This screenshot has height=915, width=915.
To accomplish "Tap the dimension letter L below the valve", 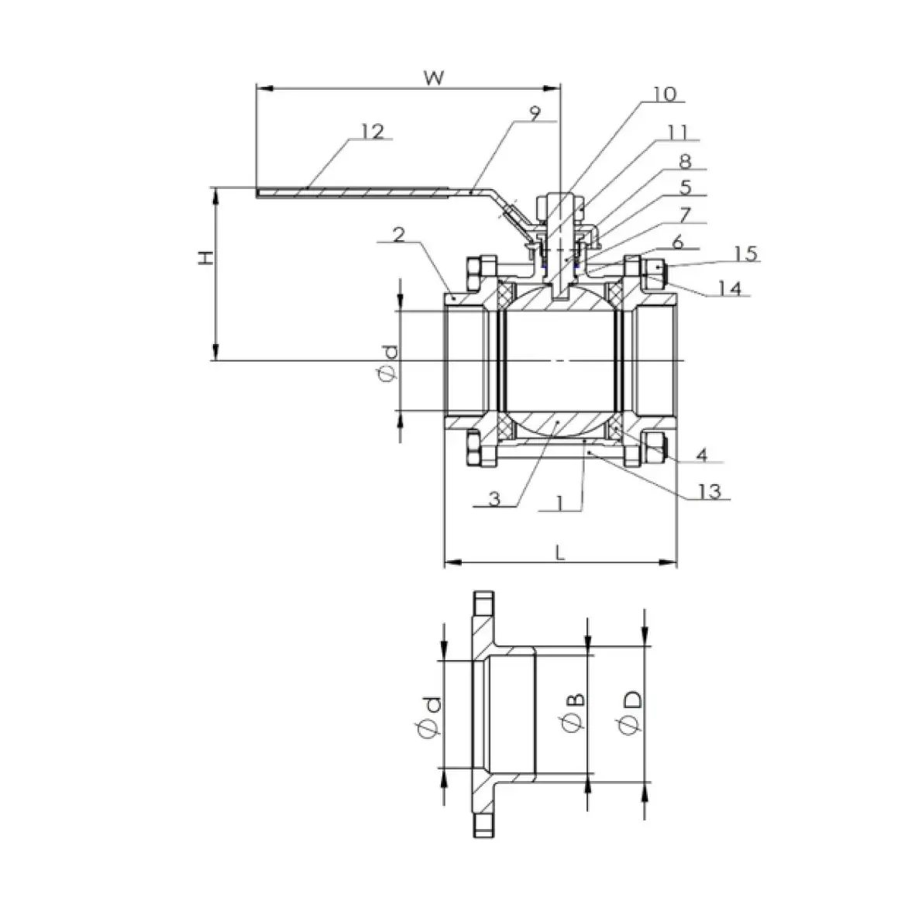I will pyautogui.click(x=559, y=551).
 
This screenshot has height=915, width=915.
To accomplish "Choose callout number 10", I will pyautogui.click(x=663, y=95).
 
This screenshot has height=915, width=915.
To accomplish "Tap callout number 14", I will pyautogui.click(x=728, y=288).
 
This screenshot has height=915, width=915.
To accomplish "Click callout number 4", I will pyautogui.click(x=700, y=455).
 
